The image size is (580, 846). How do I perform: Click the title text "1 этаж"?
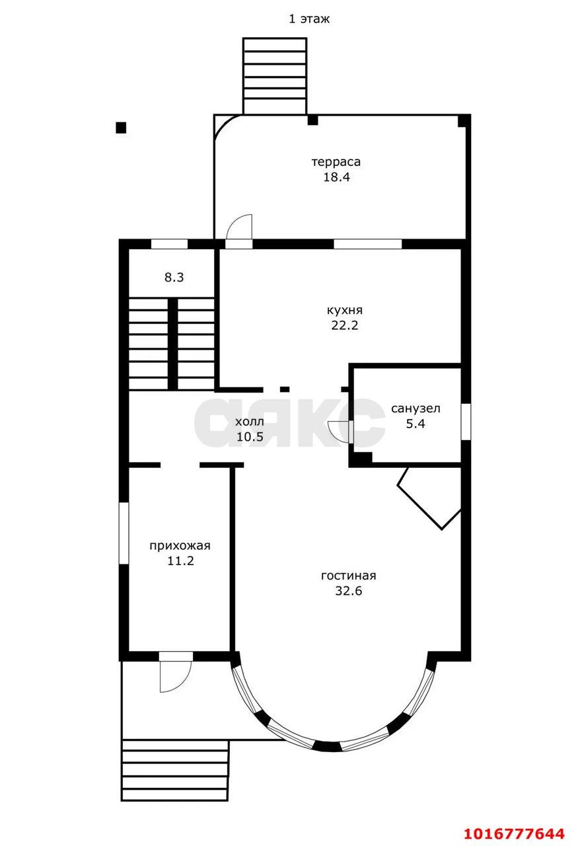tap(309, 19)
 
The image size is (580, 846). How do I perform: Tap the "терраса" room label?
tap(336, 162)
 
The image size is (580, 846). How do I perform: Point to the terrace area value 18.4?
tap(336, 176)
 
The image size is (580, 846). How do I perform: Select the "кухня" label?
tap(344, 310)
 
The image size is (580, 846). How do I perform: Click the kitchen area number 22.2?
tap(344, 325)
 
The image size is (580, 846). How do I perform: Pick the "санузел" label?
tap(416, 408)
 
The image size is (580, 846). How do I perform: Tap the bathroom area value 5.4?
tap(416, 424)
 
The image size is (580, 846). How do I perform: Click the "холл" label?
tap(250, 422)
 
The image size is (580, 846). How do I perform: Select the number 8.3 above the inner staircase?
tap(174, 278)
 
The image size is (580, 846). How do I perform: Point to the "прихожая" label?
tap(180, 546)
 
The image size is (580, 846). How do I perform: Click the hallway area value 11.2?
tap(180, 561)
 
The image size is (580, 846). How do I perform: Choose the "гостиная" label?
tap(349, 576)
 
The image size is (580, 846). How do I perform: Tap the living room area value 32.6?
tap(349, 591)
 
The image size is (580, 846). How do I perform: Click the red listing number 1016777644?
tap(515, 833)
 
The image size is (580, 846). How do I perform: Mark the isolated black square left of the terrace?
tap(121, 128)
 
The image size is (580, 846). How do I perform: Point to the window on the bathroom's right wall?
tap(466, 422)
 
